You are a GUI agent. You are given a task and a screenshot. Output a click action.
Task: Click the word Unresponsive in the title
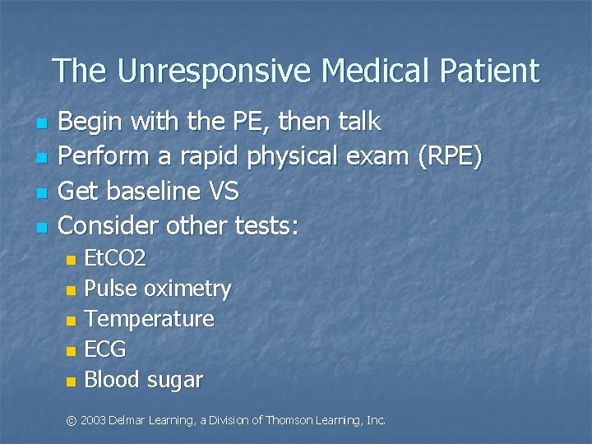(x=215, y=71)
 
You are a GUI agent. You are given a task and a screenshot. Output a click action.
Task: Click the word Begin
(x=92, y=123)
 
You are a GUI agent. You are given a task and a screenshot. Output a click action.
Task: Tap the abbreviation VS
(x=222, y=191)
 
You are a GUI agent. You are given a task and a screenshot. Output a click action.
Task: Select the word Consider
(x=111, y=224)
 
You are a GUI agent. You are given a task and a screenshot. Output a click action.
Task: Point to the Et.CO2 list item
(x=116, y=259)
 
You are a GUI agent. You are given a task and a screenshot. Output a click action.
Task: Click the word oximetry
(x=187, y=289)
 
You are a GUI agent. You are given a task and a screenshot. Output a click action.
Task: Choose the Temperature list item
(x=150, y=318)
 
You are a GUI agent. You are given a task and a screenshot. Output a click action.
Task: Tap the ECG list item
(x=106, y=349)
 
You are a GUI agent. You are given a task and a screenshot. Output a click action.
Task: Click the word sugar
(x=175, y=380)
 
